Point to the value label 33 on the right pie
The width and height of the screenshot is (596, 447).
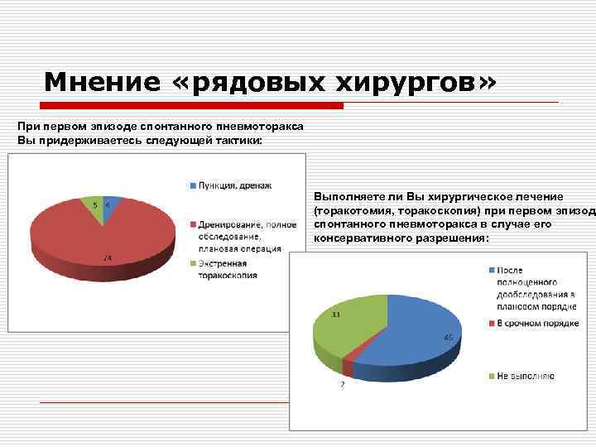(x=336, y=315)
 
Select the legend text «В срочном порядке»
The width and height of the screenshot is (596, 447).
(x=537, y=323)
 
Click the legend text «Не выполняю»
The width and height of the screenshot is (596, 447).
(x=526, y=376)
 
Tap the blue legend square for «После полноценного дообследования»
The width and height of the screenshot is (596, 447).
(x=491, y=270)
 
